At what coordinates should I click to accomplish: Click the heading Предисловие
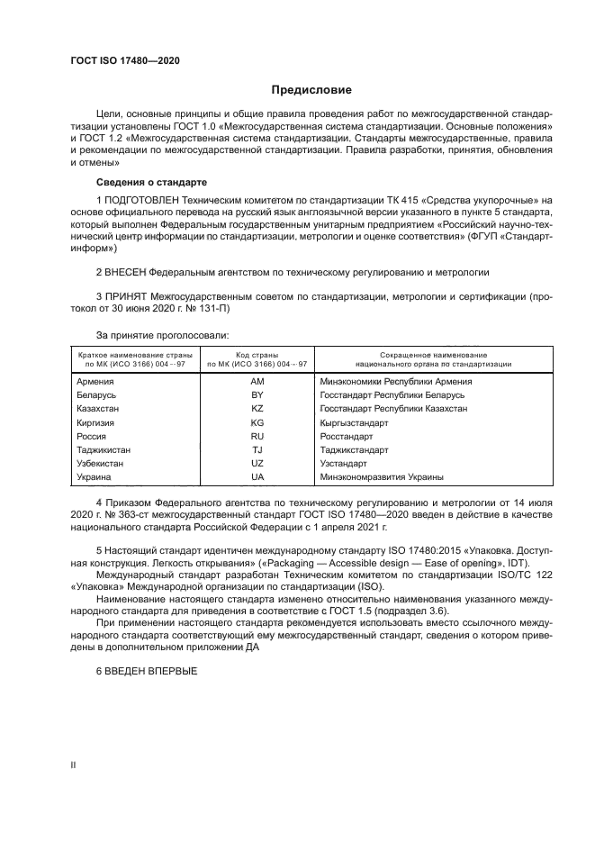point(312,90)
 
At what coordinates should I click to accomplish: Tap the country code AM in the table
point(257,381)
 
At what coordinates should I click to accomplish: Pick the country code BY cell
point(257,394)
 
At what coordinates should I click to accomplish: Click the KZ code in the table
point(257,408)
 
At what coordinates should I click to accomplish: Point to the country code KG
point(257,421)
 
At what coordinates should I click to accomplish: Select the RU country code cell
point(257,435)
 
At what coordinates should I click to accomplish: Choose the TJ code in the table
point(257,448)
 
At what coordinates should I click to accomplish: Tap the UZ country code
point(257,463)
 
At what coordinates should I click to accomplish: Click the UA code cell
point(257,476)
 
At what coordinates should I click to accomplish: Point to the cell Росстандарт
point(346,435)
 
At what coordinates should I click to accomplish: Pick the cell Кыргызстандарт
point(354,421)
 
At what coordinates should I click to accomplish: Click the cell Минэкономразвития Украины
point(382,476)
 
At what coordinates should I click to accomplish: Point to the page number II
point(73,765)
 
